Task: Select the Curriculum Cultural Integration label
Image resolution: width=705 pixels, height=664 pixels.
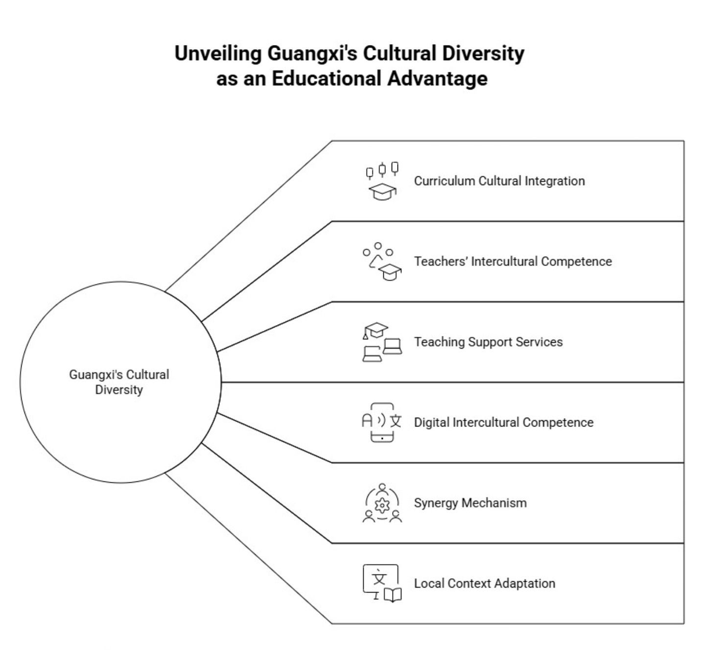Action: (x=499, y=181)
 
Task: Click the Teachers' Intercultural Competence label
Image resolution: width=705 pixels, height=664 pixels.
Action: (x=513, y=261)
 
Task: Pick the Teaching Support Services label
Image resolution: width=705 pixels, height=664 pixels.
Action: (x=488, y=342)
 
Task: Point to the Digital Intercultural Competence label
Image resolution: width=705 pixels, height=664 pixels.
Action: (x=503, y=423)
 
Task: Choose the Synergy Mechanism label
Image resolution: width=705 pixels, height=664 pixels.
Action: (x=470, y=503)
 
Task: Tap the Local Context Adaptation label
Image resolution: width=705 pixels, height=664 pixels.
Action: (x=484, y=583)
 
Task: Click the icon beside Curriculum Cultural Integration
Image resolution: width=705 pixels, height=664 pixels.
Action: (x=382, y=181)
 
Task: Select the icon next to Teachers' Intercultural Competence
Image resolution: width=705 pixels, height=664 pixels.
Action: (x=382, y=261)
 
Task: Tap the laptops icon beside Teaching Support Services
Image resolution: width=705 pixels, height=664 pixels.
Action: (x=382, y=342)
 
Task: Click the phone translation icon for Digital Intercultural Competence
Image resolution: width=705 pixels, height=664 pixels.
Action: (x=382, y=422)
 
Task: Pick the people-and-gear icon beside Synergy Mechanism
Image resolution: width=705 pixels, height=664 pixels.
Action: (x=382, y=503)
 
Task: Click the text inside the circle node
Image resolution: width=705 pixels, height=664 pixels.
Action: (x=119, y=382)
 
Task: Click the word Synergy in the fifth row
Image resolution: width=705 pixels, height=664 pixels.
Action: (x=436, y=503)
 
